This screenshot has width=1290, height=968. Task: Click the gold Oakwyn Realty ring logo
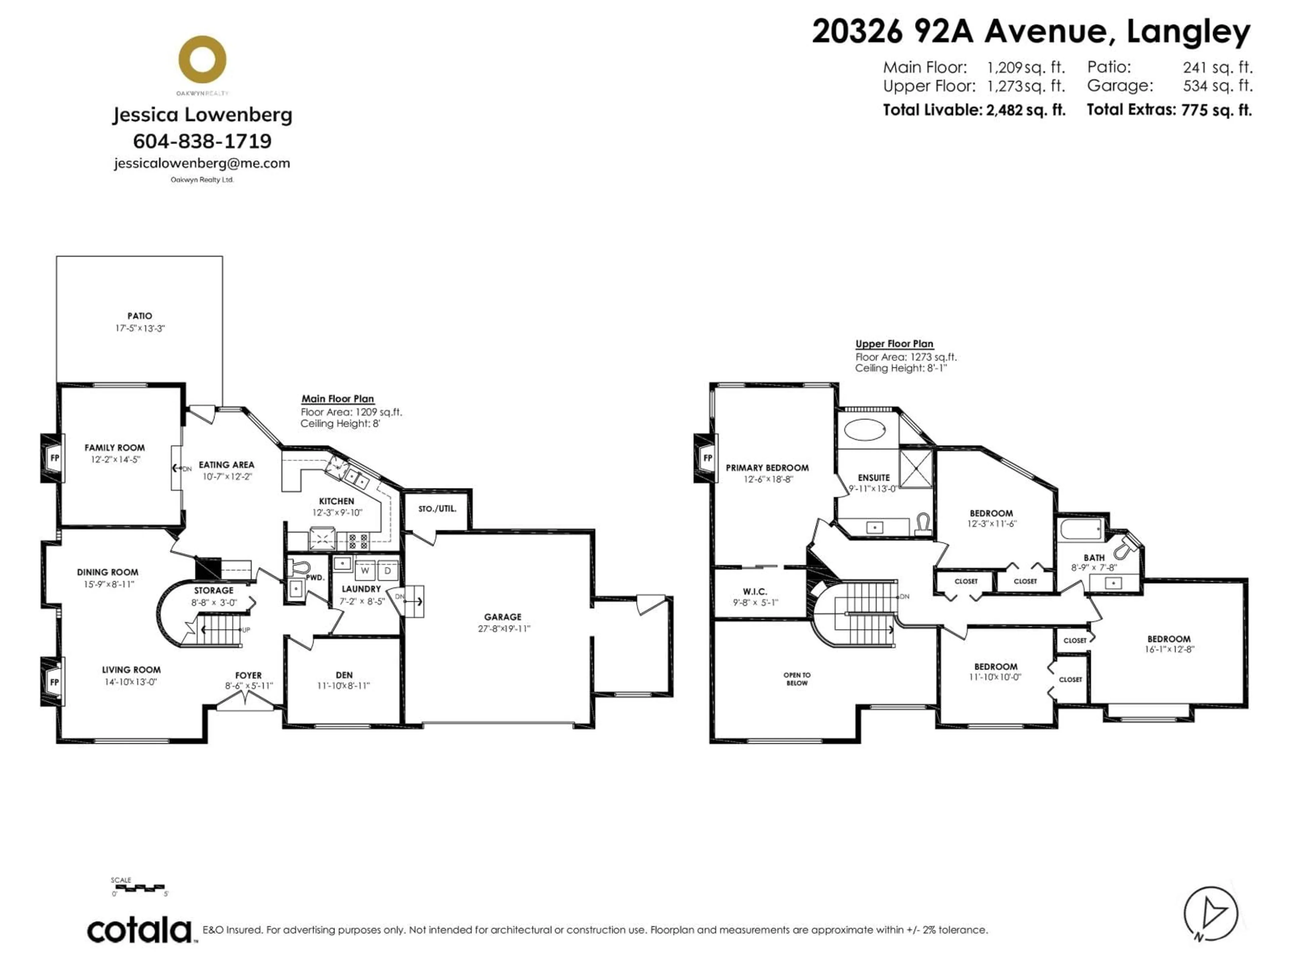click(202, 59)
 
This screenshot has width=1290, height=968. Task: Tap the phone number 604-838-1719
click(202, 141)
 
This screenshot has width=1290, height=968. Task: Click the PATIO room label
click(140, 316)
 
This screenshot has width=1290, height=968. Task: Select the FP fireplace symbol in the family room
click(54, 458)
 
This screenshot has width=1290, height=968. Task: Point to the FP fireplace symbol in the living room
click(54, 682)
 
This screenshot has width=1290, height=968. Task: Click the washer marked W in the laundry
click(365, 570)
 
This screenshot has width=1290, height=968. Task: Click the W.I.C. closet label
click(755, 592)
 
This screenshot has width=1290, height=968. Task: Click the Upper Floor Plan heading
click(894, 344)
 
